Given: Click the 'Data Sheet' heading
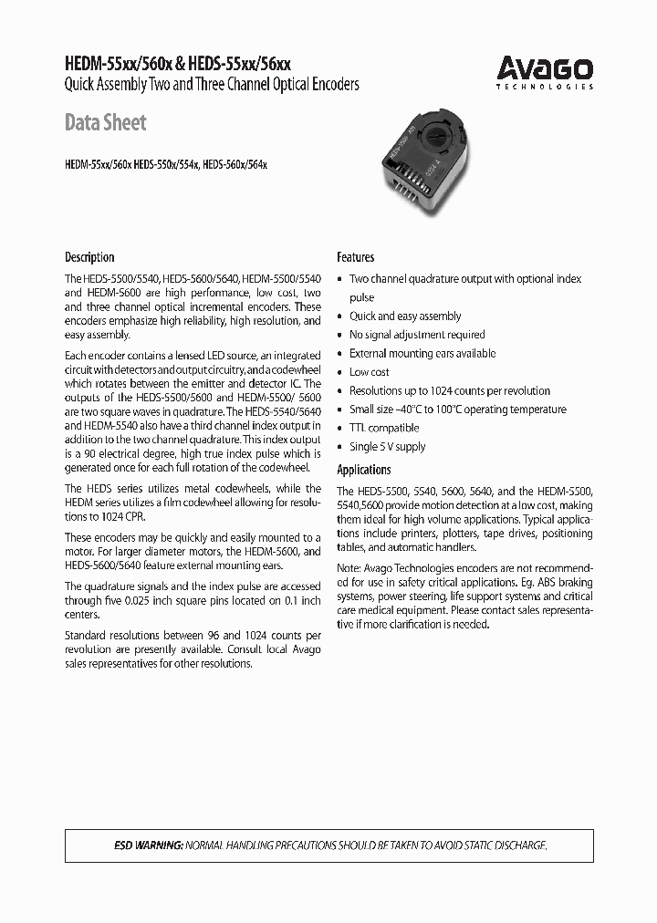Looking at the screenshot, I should pyautogui.click(x=106, y=123).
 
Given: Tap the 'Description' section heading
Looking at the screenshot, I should pyautogui.click(x=89, y=257).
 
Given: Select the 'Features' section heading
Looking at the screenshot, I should pyautogui.click(x=356, y=257).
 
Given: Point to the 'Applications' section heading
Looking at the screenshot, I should pyautogui.click(x=364, y=470).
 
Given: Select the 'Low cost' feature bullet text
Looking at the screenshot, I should pyautogui.click(x=370, y=372).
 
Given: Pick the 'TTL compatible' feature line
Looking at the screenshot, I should pyautogui.click(x=384, y=428).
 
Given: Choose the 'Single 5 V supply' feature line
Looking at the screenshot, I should pyautogui.click(x=388, y=447).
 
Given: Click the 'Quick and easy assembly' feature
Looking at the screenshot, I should pyautogui.click(x=405, y=316).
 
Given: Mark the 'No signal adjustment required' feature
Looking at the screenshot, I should pyautogui.click(x=417, y=335).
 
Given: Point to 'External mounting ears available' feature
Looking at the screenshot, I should pyautogui.click(x=422, y=354).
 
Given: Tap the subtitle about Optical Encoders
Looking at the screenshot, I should pyautogui.click(x=212, y=84).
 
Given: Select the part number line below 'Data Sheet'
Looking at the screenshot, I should pyautogui.click(x=166, y=166).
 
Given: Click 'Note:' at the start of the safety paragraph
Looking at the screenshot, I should pyautogui.click(x=350, y=568).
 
